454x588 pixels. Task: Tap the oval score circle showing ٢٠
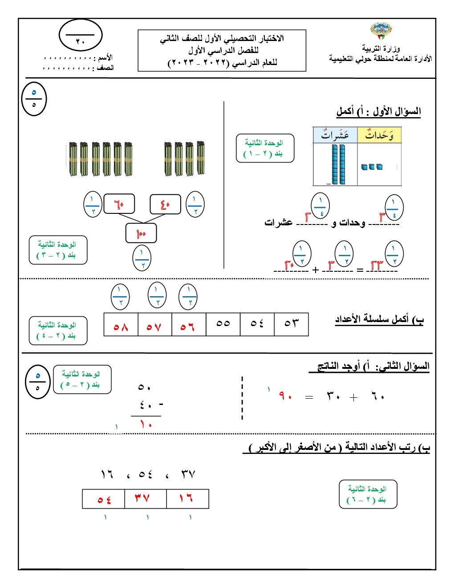(81, 35)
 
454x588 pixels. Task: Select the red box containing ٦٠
(119, 204)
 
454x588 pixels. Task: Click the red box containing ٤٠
(165, 204)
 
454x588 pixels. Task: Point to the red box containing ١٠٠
(141, 233)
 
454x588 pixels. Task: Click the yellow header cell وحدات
(379, 135)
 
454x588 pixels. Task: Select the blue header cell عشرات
(335, 135)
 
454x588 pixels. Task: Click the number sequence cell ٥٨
(121, 324)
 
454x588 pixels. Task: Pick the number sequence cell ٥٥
(223, 324)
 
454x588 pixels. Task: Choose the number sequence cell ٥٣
(292, 324)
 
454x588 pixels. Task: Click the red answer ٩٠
(285, 396)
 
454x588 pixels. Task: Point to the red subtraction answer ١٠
(146, 425)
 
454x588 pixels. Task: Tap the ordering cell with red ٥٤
(104, 498)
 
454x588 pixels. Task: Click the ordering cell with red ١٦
(187, 498)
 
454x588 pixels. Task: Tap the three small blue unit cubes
(372, 167)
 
